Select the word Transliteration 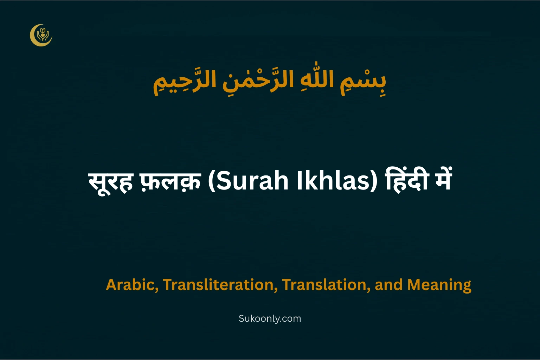[x=218, y=285]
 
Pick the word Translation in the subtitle [x=326, y=285]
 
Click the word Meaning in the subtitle [x=439, y=285]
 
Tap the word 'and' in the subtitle [x=388, y=285]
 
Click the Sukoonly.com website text [x=270, y=319]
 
